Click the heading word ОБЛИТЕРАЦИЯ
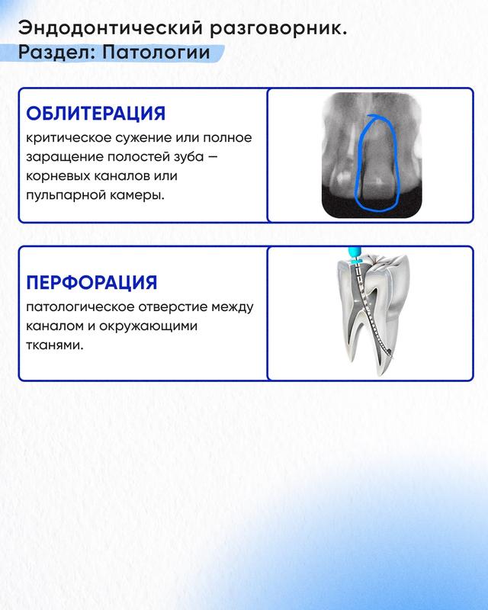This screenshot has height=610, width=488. pos(96,114)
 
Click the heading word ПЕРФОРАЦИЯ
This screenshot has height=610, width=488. pos(91,282)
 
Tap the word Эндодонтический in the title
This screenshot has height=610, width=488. pos(111,29)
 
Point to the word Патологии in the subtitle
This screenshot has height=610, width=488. pos(156,53)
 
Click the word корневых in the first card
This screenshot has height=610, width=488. pos(58,176)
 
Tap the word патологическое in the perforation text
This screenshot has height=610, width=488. pos(80,307)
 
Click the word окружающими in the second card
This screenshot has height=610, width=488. pos(148,326)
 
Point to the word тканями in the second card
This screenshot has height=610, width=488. pos(55,345)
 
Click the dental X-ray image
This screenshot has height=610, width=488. pos(371,156)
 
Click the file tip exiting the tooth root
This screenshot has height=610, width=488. pos(390,354)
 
